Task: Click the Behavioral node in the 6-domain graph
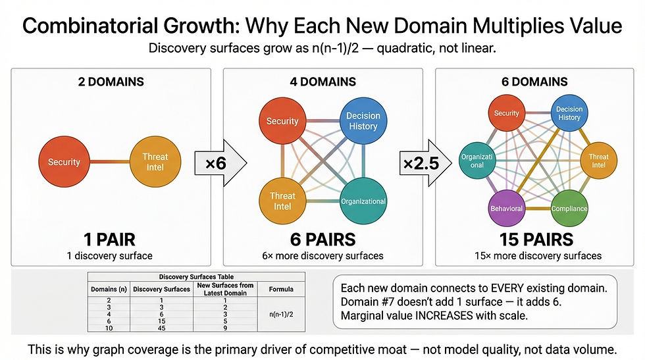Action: pos(506,208)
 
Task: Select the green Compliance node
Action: pos(569,208)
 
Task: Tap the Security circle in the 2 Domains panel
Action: pos(64,162)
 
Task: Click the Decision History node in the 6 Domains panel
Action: pos(569,113)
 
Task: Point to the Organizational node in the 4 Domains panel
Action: pos(363,201)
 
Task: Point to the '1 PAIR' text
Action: pos(110,239)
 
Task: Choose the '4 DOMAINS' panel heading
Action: pos(322,82)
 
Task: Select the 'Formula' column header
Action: pos(280,288)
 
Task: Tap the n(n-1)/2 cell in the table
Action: pos(280,315)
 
